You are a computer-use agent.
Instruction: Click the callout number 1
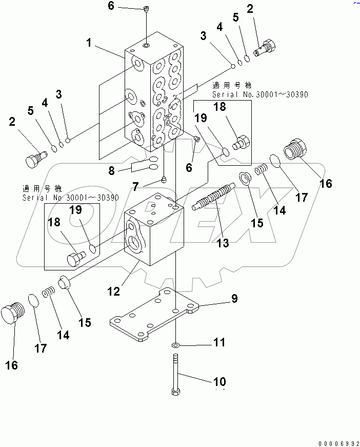click(89, 44)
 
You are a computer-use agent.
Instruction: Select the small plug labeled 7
click(164, 179)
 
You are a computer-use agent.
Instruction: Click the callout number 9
click(233, 298)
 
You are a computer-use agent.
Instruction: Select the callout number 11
click(219, 342)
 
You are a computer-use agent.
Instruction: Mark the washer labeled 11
click(175, 345)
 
